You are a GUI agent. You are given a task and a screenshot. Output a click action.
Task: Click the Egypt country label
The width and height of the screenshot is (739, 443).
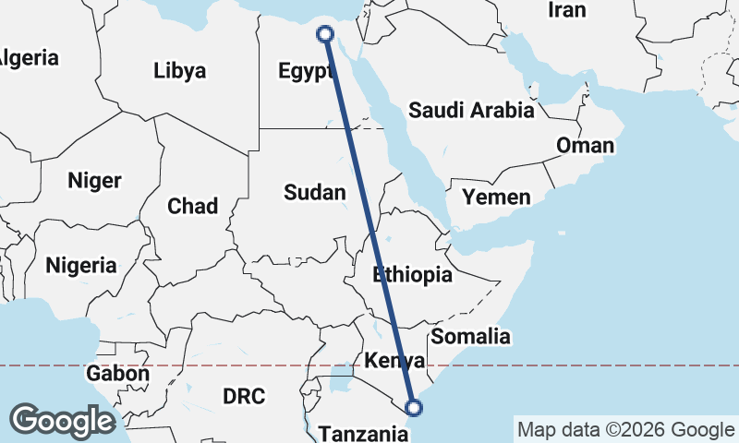click(304, 71)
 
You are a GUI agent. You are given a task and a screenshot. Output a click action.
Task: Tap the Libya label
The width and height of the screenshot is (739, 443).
click(180, 70)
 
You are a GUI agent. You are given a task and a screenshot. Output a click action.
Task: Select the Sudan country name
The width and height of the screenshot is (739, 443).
click(315, 192)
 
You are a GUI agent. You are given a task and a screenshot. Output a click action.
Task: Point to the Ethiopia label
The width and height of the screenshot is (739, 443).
click(412, 274)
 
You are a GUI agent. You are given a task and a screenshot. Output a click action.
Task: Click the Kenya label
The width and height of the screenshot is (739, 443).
click(394, 359)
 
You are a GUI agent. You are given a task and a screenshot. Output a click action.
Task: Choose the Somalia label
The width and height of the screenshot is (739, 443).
click(471, 336)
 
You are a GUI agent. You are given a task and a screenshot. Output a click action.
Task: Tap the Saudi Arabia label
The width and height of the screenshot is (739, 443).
click(471, 111)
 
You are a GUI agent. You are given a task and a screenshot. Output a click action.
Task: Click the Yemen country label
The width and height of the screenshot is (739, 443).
click(497, 197)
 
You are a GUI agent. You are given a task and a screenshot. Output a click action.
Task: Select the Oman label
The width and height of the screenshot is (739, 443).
click(584, 146)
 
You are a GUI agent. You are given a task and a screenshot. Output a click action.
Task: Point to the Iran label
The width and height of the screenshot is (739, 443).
click(567, 10)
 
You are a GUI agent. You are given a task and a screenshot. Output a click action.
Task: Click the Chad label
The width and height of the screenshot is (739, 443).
click(192, 206)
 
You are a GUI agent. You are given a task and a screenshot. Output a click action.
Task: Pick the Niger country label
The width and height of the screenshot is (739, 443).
click(94, 181)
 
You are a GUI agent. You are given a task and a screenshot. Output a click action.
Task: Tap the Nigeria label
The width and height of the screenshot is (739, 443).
click(81, 266)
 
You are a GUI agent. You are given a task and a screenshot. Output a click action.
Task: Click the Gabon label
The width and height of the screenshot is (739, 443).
click(117, 374)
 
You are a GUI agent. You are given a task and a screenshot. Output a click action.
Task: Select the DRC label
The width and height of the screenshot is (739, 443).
click(244, 396)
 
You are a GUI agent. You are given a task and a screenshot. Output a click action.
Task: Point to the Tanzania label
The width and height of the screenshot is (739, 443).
click(362, 432)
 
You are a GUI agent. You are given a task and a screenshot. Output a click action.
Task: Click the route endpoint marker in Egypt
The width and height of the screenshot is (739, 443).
click(325, 34)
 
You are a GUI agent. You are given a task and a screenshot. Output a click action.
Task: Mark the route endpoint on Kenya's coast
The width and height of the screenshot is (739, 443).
click(414, 406)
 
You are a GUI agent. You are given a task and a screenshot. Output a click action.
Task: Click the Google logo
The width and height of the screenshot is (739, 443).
click(62, 421)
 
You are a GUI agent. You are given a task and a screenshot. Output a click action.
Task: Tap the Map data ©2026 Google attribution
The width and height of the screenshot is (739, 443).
click(625, 429)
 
